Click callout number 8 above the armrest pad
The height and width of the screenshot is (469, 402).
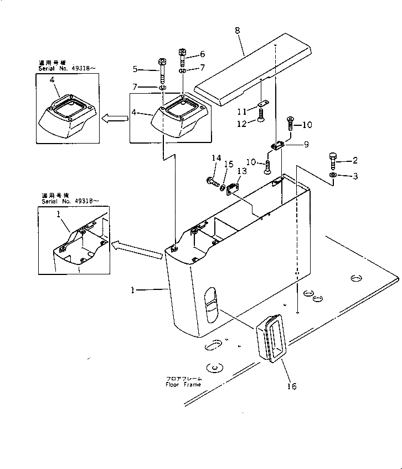point(238,30)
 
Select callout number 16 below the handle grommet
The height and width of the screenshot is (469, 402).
point(291,386)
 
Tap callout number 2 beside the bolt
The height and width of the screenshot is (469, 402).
point(355,161)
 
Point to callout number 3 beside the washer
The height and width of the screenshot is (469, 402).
point(355,176)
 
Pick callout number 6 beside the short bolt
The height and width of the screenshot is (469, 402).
point(202,54)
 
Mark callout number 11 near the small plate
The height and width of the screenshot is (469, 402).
point(242,111)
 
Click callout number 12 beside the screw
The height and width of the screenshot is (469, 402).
point(242,124)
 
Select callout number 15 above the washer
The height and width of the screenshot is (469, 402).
point(228,164)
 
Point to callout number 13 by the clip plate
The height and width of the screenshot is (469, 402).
point(242,171)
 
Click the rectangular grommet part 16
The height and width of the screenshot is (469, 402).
point(271,339)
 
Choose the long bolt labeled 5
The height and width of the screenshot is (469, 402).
point(163,71)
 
